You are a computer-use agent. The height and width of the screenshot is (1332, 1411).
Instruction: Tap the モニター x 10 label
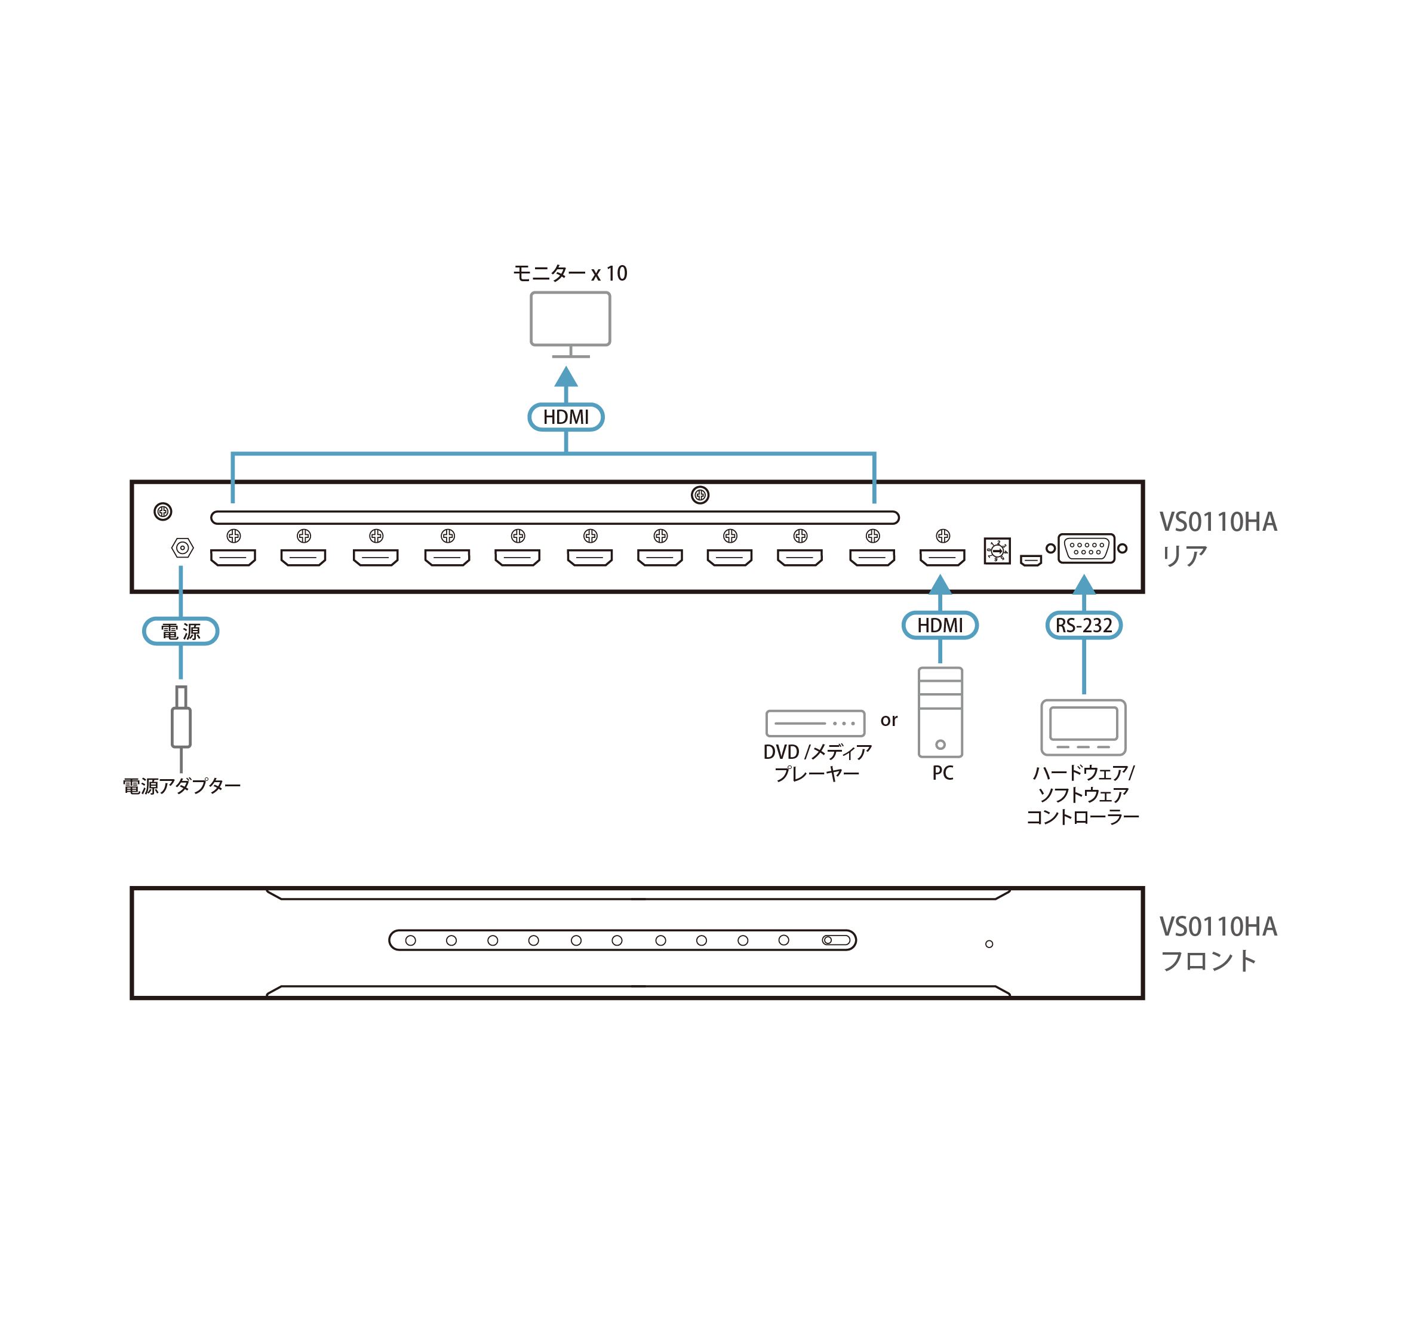coord(570,273)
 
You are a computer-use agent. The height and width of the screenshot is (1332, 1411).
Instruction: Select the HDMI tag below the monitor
coord(566,417)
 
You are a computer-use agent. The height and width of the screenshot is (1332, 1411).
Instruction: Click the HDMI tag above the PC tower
coord(940,626)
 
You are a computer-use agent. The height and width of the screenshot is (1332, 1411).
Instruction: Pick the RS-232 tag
coord(1084,626)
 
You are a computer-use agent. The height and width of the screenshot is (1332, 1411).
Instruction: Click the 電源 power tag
coord(181,631)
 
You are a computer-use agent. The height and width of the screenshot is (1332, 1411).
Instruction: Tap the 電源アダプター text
coord(182,786)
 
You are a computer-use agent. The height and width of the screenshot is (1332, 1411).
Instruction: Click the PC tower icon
coord(940,712)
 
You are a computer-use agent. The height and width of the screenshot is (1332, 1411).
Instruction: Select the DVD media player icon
coord(815,723)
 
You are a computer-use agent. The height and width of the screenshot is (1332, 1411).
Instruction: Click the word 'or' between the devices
coord(889,720)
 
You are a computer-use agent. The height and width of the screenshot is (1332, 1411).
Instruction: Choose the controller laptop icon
coord(1083,727)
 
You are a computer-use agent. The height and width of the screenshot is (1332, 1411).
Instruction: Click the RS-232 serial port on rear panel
coord(1087,548)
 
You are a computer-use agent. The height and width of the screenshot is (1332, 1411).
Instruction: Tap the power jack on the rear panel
coord(183,548)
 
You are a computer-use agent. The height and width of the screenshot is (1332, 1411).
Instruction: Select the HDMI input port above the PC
coord(942,558)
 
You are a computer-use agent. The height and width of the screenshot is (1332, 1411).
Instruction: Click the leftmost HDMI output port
coord(233,558)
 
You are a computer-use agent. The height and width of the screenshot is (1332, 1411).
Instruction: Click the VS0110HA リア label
coord(1218,538)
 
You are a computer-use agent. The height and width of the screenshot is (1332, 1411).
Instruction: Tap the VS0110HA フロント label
coord(1218,943)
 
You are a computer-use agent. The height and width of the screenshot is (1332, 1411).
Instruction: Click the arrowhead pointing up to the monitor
coord(566,376)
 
